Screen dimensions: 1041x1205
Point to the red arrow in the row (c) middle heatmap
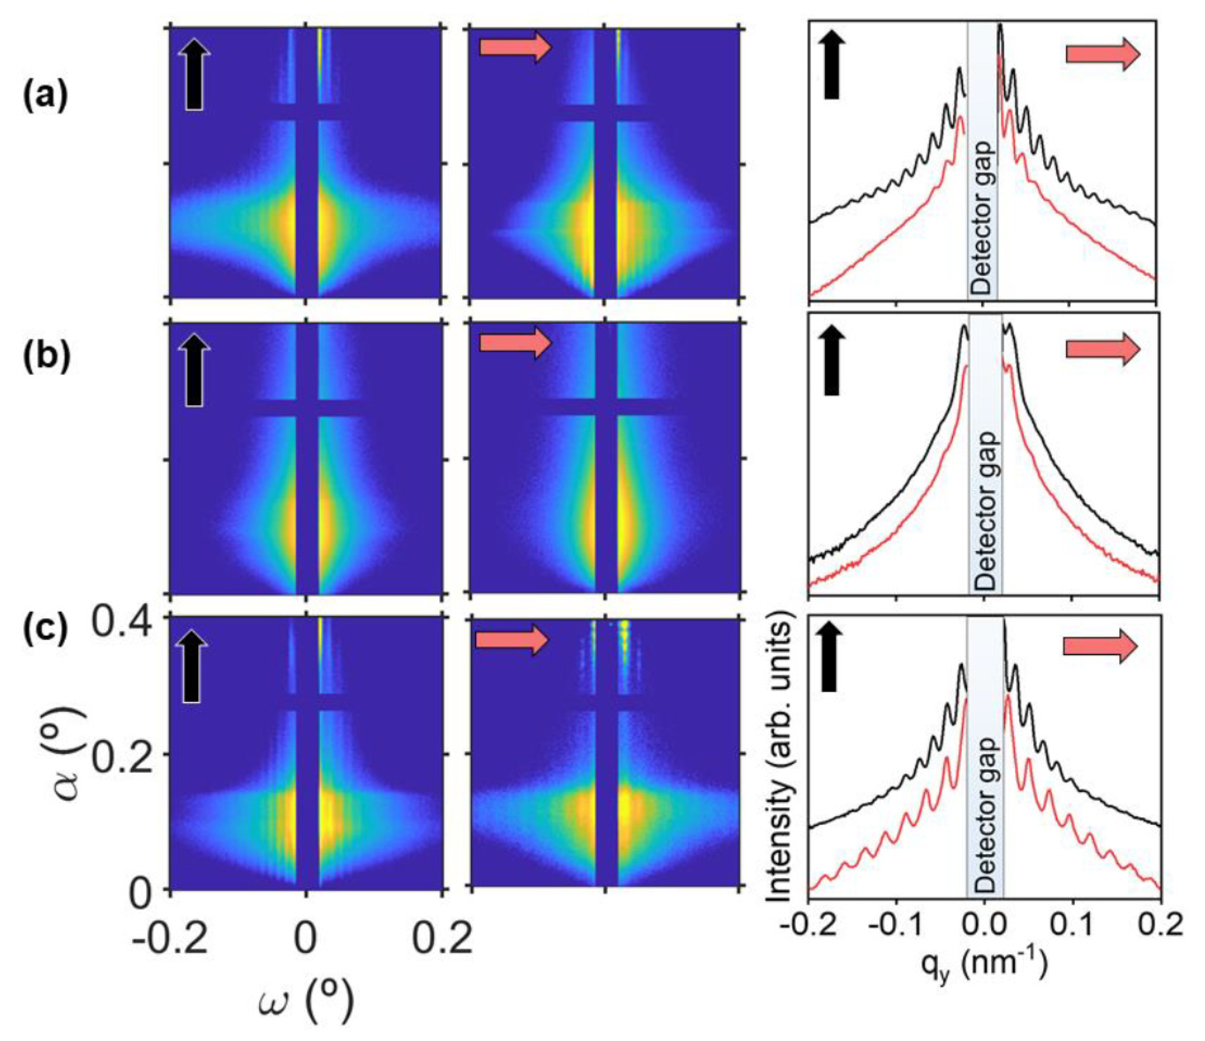point(512,640)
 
